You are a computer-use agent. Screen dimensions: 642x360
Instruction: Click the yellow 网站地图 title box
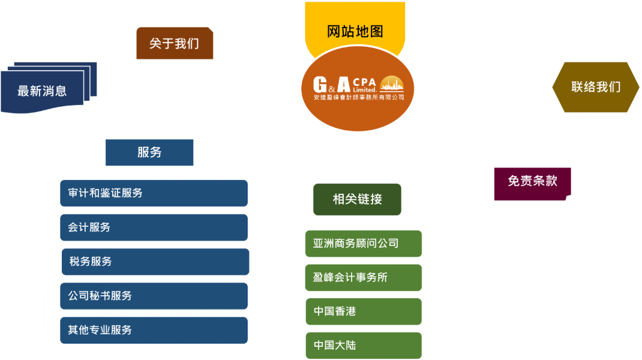point(355,25)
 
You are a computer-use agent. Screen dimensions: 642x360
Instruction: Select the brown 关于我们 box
point(175,43)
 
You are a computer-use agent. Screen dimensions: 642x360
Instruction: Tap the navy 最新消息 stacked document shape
point(49,87)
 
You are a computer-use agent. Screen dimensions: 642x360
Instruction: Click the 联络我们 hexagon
point(596,87)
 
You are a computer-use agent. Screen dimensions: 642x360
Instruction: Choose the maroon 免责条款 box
point(532,184)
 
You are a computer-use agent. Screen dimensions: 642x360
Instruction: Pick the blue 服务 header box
point(149,152)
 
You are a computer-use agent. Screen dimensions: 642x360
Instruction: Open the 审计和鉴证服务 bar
point(154,193)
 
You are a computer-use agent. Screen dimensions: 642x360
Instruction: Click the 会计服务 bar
point(154,227)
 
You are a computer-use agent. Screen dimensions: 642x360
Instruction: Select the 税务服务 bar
point(155,262)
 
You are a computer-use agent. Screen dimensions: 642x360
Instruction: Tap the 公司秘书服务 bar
point(154,296)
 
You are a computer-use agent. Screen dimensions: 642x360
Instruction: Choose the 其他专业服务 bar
point(154,330)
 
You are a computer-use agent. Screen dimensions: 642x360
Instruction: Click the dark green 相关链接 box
point(357,199)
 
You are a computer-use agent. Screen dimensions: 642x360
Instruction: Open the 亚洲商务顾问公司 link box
point(364,244)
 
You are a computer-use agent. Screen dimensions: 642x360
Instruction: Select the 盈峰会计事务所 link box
point(364,278)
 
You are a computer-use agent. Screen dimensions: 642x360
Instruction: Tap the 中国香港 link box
point(364,311)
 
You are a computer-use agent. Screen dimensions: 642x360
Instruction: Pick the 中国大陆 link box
point(364,346)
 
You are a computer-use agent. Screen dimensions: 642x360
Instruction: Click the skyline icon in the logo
point(392,83)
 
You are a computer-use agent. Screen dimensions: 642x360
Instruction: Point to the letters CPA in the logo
point(364,82)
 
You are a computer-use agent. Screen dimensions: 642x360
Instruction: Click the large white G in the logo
point(320,85)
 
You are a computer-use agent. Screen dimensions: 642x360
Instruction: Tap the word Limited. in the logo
point(365,89)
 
